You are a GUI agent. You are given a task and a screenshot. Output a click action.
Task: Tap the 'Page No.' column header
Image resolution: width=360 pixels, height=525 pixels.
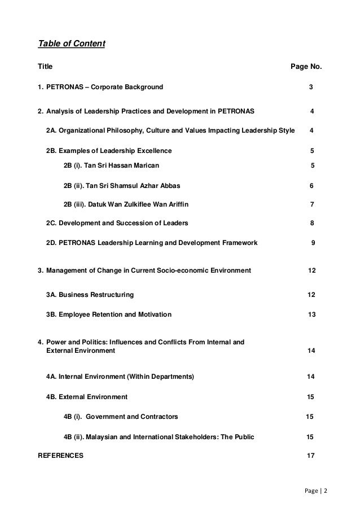306,67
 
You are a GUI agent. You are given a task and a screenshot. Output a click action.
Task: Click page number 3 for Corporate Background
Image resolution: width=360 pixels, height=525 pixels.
311,87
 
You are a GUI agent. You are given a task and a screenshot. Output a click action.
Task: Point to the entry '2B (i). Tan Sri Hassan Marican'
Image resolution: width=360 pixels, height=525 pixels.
111,165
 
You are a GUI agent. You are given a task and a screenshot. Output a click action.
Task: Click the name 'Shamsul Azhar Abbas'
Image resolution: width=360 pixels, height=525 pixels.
148,186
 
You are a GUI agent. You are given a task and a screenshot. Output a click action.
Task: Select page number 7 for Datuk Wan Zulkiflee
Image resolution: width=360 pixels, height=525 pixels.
313,204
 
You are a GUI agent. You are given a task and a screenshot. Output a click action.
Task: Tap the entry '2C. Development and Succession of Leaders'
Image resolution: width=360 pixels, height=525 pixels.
117,222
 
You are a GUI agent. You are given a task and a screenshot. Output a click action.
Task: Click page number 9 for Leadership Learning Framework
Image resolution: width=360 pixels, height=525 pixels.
313,243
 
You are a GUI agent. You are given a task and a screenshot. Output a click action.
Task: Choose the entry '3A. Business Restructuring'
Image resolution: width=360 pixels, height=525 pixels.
90,295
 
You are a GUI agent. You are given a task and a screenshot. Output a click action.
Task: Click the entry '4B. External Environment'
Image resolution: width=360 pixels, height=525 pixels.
86,397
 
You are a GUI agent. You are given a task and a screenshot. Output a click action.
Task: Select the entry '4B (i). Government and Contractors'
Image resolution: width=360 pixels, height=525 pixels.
121,417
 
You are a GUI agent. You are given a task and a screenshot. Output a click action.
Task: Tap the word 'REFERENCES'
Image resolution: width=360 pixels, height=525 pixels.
59,454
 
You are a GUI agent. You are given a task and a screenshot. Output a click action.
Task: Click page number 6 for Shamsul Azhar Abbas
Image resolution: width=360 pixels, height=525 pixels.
312,186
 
